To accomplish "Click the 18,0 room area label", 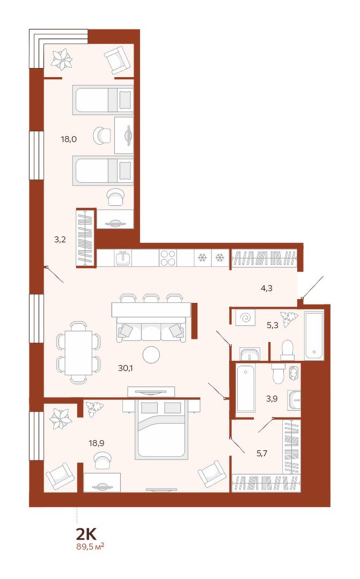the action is pos(69,139).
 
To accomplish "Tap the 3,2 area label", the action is pos(60,239).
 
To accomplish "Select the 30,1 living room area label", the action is pos(126,368).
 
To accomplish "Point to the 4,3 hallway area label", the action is pos(267,288).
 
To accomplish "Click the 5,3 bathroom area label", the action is pos(273,325).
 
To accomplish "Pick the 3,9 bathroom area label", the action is pos(271,398).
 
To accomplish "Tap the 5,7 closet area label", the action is pos(262,453).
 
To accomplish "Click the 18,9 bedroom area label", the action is pos(97,443).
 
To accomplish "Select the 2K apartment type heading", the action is pos(86,534).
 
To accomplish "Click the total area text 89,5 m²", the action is pos(90,546).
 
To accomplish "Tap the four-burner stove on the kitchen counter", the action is pos(168,258).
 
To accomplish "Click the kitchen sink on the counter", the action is pos(123,258).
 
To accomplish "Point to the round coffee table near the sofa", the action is pos(151,355).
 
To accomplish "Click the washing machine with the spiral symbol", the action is pos(245,317).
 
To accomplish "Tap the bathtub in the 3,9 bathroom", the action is pos(245,388).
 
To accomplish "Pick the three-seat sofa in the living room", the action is pos(151,329).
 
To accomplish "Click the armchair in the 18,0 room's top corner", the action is pos(117,60).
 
